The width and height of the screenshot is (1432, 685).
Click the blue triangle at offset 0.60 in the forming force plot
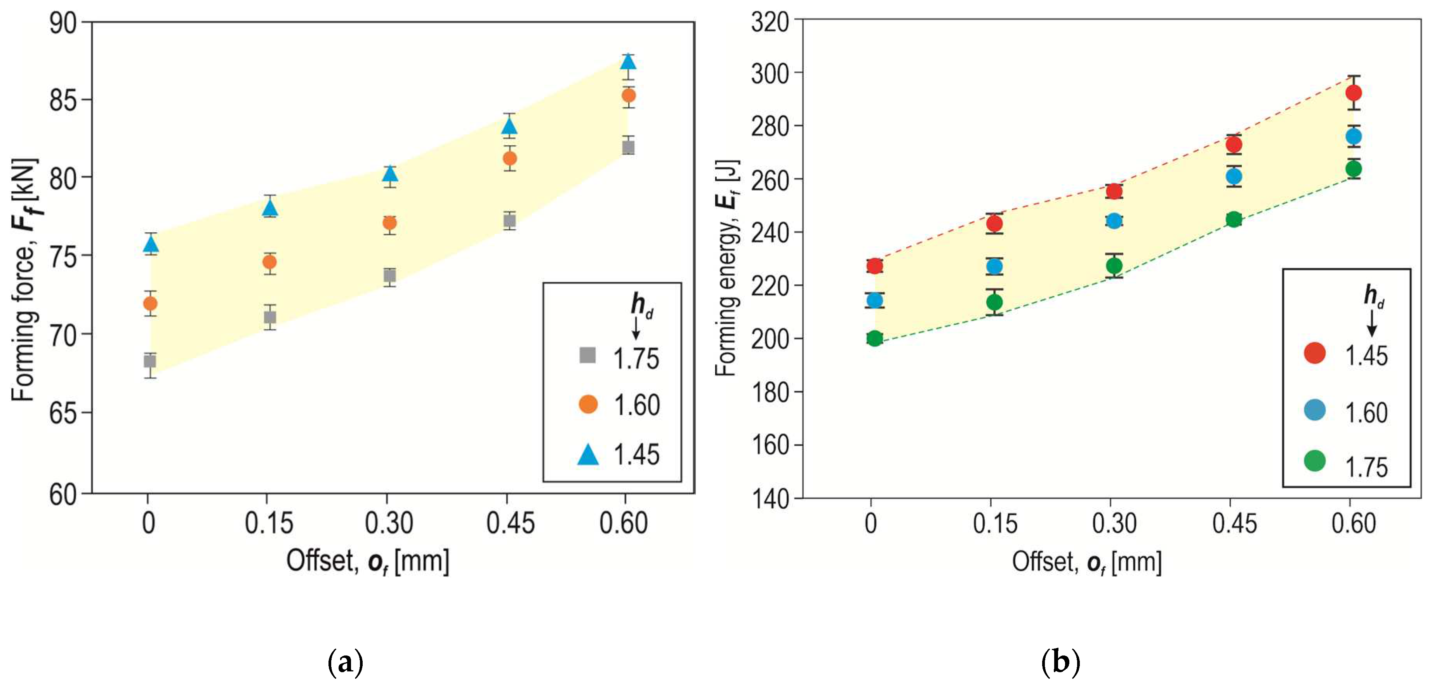click(628, 61)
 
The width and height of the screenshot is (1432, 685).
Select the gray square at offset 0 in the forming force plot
click(149, 362)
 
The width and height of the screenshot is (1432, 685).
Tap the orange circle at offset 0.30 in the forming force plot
click(390, 223)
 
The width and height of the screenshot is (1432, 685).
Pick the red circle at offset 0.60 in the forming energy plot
click(1354, 92)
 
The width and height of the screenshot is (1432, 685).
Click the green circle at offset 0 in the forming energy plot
click(874, 338)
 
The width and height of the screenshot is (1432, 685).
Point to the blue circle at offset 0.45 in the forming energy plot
click(1234, 176)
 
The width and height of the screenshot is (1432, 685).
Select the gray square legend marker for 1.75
click(587, 355)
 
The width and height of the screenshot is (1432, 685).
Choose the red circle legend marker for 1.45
click(1315, 353)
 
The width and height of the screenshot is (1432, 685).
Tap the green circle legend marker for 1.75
click(1315, 461)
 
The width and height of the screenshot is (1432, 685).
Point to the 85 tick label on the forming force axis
click(63, 100)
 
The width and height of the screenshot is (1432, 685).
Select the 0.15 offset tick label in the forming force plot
click(269, 523)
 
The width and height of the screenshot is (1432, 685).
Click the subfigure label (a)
click(346, 662)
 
